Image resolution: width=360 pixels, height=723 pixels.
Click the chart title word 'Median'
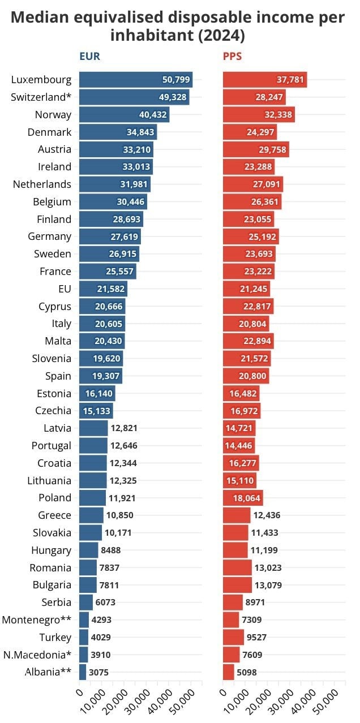(x=45, y=18)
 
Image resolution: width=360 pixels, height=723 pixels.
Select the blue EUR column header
(x=90, y=57)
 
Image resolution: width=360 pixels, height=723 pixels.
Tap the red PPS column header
(x=233, y=57)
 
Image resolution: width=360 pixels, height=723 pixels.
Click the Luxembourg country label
(x=41, y=80)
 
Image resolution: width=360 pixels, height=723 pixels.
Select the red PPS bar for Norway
(x=259, y=115)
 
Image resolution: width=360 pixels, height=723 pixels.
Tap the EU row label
(x=65, y=289)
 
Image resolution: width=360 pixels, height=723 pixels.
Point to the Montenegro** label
(x=37, y=620)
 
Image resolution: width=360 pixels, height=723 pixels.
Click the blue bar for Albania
(x=83, y=673)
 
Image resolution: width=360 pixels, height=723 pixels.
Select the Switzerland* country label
(x=41, y=97)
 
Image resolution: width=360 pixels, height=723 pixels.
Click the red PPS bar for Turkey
(x=233, y=638)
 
